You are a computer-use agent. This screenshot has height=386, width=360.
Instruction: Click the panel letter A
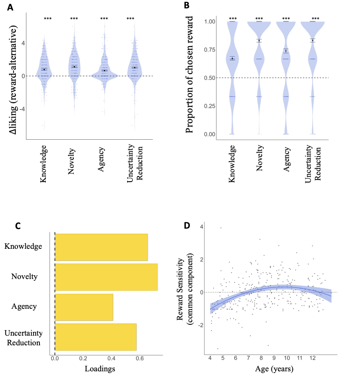tap(9, 7)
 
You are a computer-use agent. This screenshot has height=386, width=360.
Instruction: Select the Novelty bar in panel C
tap(106, 277)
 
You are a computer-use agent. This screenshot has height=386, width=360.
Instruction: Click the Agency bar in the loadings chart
tap(84, 307)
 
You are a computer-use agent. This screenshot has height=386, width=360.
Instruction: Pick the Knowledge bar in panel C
tap(101, 247)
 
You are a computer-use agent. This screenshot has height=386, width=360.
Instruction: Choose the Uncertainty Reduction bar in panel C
tap(96, 337)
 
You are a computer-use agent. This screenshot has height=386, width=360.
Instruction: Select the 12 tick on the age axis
tap(312, 359)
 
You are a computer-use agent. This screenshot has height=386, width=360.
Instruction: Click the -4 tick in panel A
tap(17, 109)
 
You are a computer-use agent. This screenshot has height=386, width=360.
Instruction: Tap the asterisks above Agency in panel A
tap(104, 18)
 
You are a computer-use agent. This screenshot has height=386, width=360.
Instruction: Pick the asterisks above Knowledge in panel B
tap(233, 18)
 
